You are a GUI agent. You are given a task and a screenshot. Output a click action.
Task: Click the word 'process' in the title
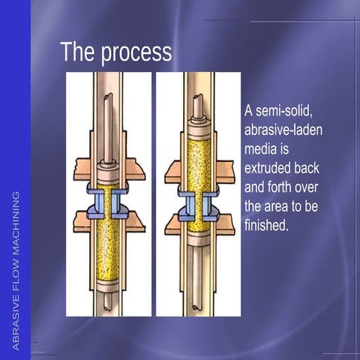pos(136,53)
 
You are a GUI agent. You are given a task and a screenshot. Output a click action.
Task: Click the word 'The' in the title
pos(77,51)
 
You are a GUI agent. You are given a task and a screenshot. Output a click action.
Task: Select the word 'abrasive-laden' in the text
pos(283,130)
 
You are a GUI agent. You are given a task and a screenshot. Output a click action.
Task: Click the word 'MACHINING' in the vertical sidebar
pos(16,223)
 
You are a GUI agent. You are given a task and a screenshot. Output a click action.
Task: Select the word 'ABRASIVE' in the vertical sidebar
pos(16,324)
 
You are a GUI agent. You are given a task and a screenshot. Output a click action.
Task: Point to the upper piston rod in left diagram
pos(108,128)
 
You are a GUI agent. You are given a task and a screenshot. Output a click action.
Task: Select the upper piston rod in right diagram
pos(198,106)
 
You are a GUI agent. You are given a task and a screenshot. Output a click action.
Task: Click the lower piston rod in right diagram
pos(199,277)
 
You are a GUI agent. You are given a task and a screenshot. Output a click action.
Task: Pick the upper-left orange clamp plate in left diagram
pos(82,169)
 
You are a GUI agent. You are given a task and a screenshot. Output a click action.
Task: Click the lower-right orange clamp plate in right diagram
pos(226,224)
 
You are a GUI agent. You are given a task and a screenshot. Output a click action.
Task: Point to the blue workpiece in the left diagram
pos(108,201)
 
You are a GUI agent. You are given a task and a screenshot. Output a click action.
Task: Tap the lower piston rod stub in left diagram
pos(108,301)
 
